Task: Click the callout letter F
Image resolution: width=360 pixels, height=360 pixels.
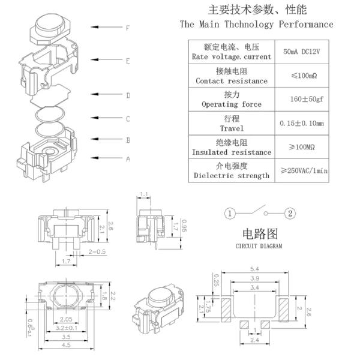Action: tap(128, 28)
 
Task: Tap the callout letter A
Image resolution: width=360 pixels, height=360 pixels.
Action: tap(128, 159)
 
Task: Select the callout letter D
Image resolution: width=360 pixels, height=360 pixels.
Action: tap(128, 95)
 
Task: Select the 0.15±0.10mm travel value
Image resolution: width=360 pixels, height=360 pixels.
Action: tap(302, 124)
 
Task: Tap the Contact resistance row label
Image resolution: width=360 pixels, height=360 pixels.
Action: tap(232, 80)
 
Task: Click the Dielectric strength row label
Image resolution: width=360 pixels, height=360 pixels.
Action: tap(231, 176)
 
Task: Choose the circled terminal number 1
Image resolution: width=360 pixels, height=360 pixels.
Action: tap(230, 214)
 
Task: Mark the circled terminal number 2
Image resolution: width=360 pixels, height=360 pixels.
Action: tap(290, 214)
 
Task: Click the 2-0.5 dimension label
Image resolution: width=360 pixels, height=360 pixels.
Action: tap(97, 251)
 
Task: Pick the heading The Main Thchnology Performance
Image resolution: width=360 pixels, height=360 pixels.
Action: tap(256, 25)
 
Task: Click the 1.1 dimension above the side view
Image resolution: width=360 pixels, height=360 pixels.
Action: tap(144, 194)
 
